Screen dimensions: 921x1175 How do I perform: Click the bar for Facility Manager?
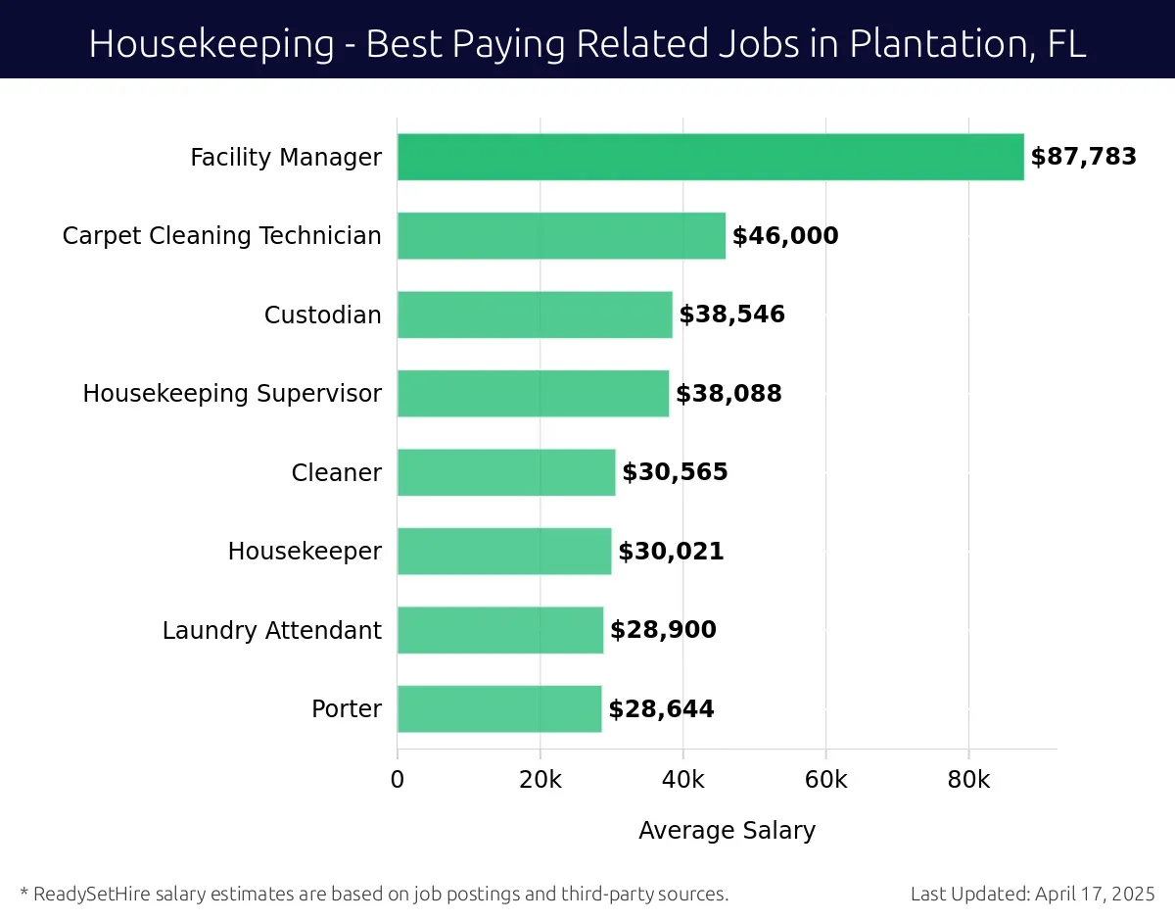click(x=710, y=157)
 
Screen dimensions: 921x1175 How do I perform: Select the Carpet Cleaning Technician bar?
click(x=561, y=236)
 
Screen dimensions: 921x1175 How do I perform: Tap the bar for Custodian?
click(x=535, y=315)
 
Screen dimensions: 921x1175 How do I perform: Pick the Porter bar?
click(x=499, y=708)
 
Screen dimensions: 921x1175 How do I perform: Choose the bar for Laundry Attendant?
click(x=500, y=630)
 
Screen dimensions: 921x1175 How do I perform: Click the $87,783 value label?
click(x=1083, y=157)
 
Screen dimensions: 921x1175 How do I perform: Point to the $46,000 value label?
click(x=785, y=236)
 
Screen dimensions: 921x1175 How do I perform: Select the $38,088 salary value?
click(x=728, y=394)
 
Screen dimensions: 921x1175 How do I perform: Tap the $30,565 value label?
click(x=675, y=472)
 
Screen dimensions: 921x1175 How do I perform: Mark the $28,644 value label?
click(x=661, y=708)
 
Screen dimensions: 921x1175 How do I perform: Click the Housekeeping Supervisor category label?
click(x=232, y=394)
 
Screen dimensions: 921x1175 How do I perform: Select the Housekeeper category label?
click(x=305, y=552)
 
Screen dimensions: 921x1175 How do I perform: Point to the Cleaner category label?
click(x=336, y=472)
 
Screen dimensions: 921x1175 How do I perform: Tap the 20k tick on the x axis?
click(x=540, y=780)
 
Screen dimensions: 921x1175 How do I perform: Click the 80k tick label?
click(x=968, y=780)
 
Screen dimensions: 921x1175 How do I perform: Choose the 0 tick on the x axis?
click(x=398, y=780)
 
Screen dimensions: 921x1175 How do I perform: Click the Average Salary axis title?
click(x=727, y=831)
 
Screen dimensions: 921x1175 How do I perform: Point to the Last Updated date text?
click(x=1032, y=894)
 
